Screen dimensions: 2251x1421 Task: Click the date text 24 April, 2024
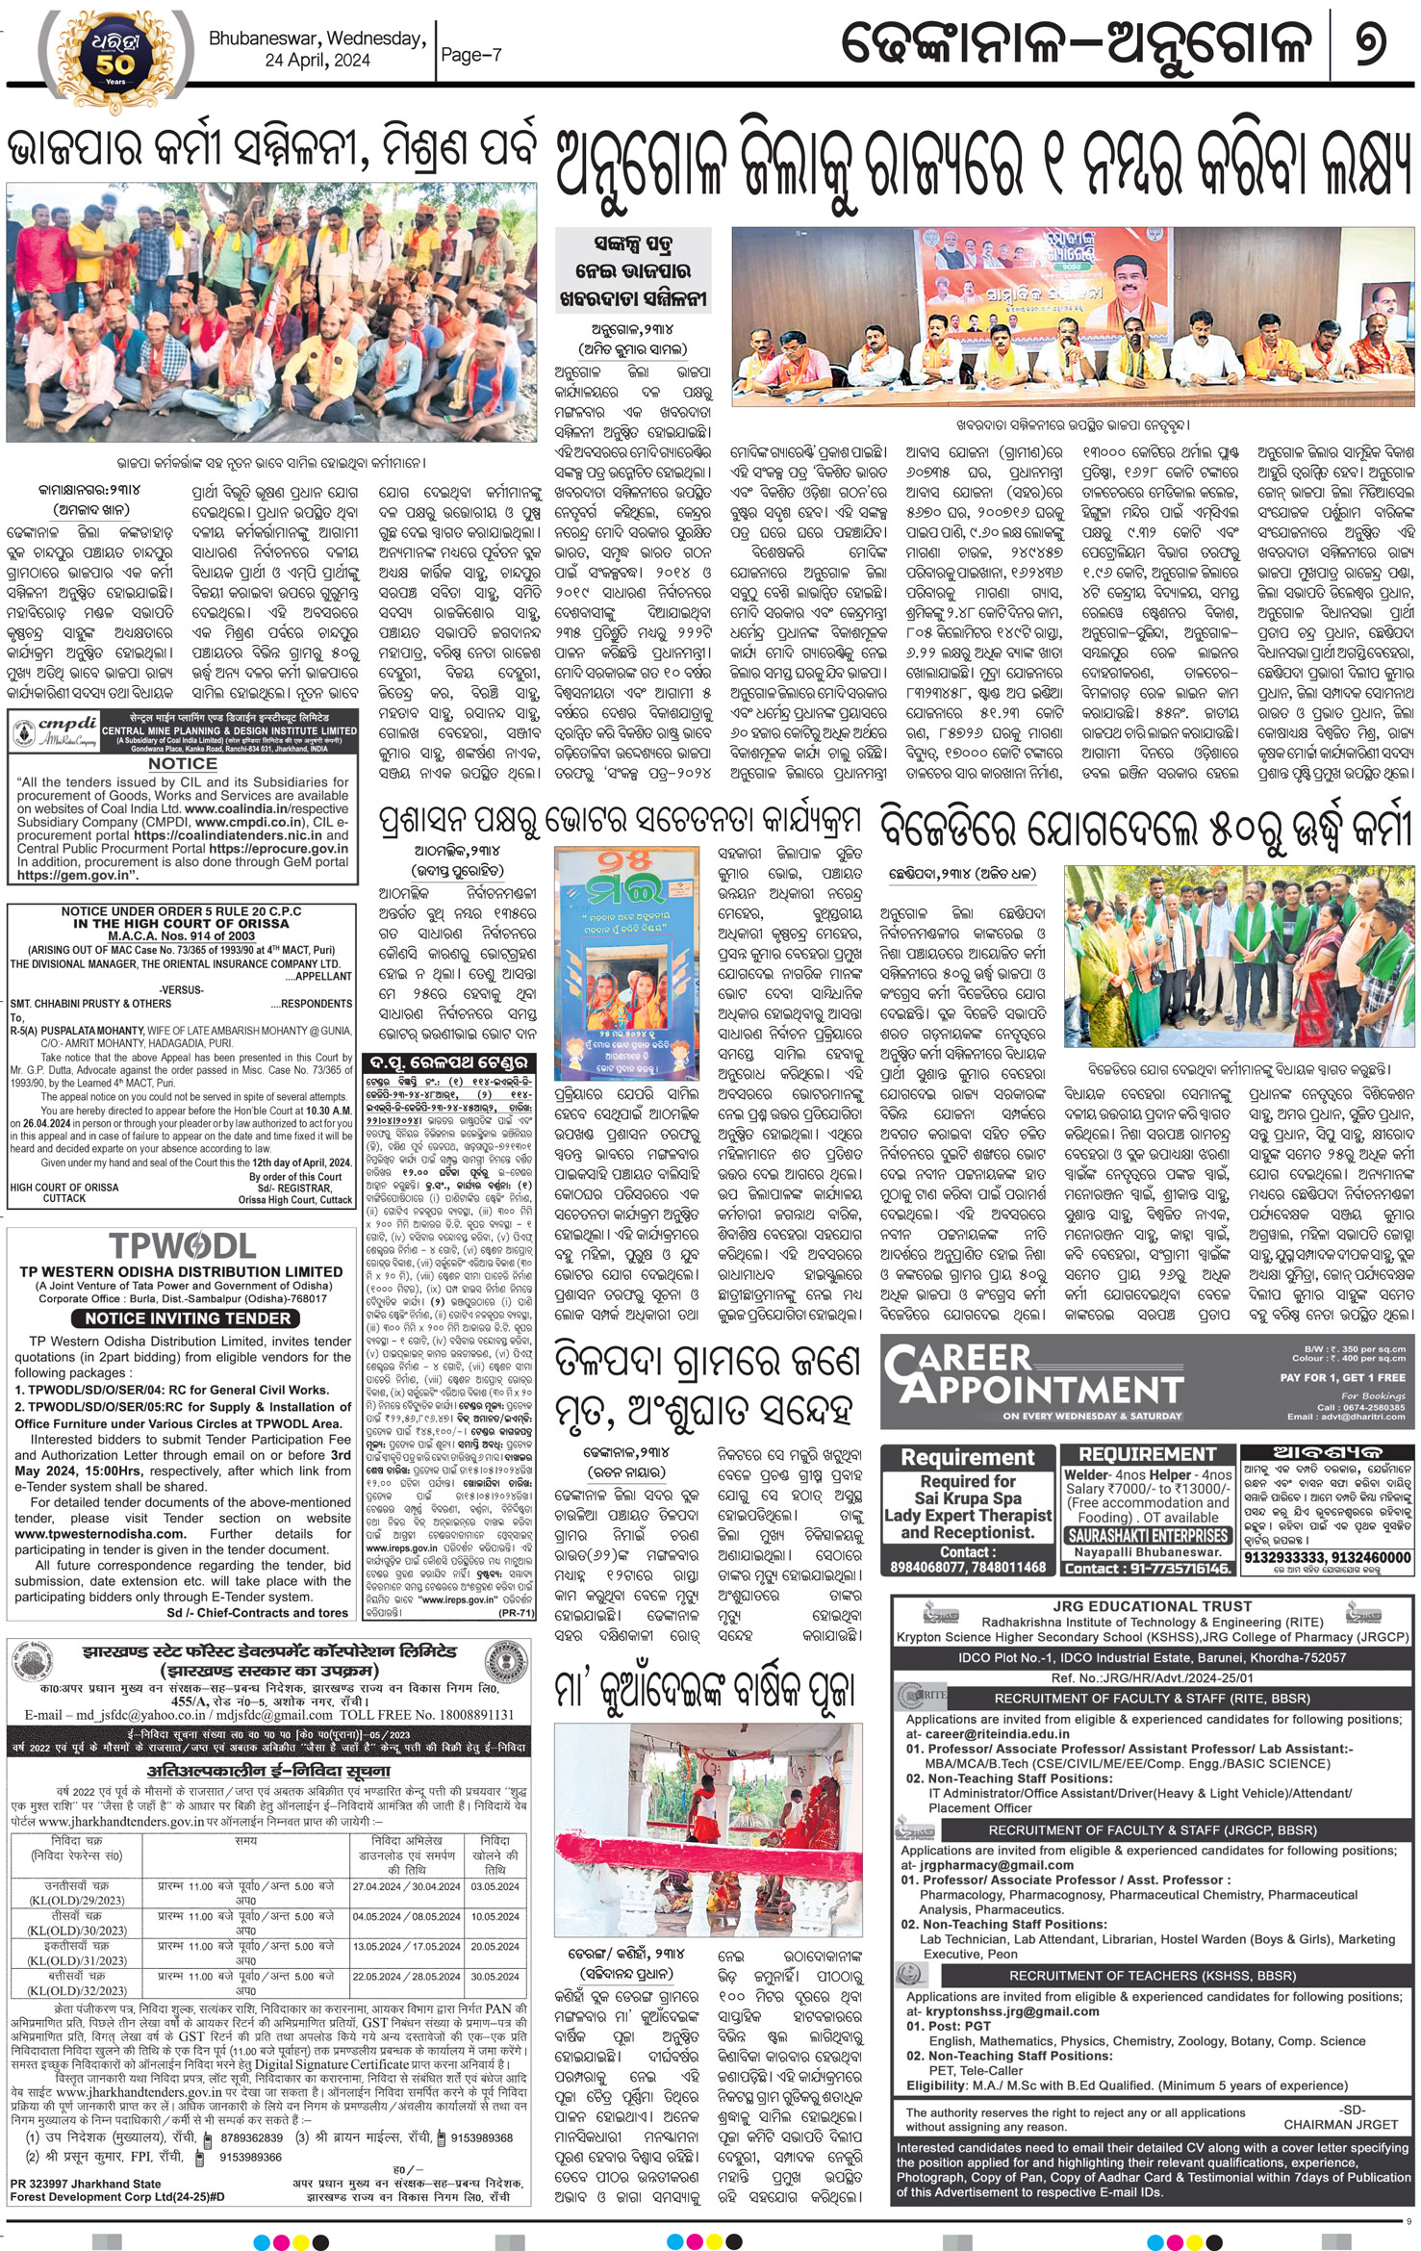pos(318,61)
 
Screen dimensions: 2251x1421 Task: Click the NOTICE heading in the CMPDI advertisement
pos(182,763)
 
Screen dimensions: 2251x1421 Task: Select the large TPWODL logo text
pos(182,1246)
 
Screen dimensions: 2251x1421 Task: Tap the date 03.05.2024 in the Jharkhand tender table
pos(495,1886)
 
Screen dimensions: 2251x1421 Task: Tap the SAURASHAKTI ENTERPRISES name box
pos(1147,1535)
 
